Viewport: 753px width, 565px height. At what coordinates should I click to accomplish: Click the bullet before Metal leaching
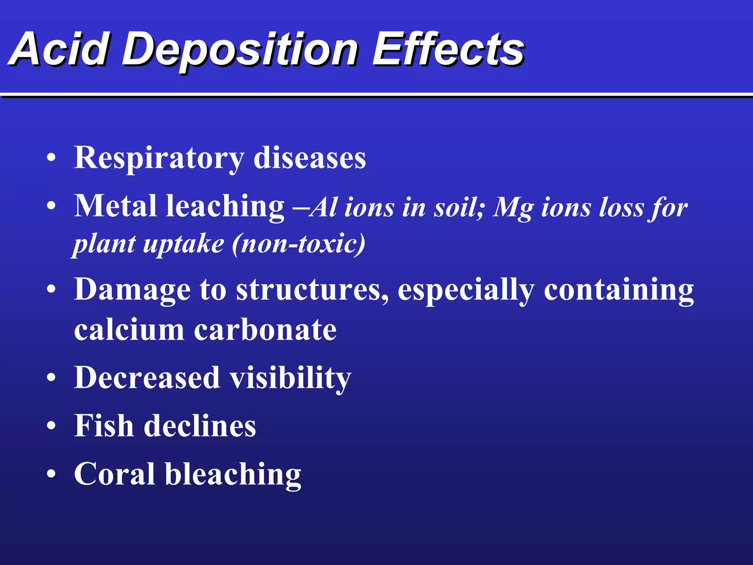(51, 206)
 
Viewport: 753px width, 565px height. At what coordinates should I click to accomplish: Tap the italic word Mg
(513, 208)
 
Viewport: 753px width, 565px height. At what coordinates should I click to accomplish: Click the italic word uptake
(183, 245)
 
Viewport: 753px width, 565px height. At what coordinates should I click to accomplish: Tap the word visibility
(290, 378)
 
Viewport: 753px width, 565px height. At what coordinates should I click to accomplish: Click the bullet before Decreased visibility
(51, 378)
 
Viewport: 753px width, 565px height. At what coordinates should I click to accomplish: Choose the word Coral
(114, 474)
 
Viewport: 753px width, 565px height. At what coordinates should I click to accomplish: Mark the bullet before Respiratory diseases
(51, 158)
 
